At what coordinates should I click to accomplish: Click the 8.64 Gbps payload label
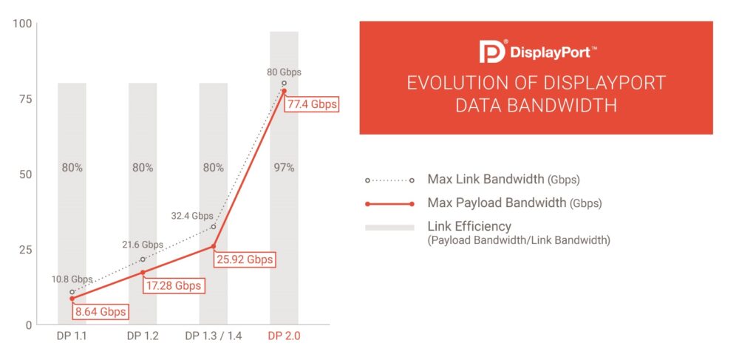100,311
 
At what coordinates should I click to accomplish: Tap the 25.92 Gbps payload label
244,259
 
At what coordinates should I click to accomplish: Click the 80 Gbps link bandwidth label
284,72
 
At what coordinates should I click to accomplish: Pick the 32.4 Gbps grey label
192,216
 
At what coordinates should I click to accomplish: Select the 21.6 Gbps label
143,245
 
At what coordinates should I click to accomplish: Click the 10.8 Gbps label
72,279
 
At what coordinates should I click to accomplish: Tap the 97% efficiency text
284,168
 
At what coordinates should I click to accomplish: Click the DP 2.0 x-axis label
285,336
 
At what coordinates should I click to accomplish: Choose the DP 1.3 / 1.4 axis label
214,336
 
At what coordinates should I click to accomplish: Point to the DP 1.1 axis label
72,336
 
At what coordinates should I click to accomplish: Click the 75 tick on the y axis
24,99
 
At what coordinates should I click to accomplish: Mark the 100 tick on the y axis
21,24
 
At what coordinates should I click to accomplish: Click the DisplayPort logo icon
493,51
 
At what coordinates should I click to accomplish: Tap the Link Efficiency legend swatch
389,228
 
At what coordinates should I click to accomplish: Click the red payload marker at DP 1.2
143,272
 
